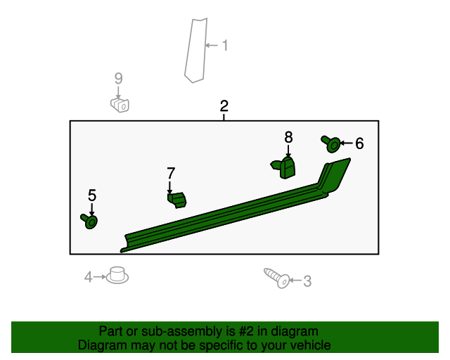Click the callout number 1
[x=225, y=46]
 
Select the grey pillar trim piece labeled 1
[x=195, y=50]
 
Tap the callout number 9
[x=119, y=78]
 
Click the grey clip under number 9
[x=120, y=105]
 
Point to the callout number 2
[x=224, y=106]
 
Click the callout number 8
[x=288, y=137]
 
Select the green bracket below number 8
[x=283, y=167]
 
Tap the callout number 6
[x=359, y=143]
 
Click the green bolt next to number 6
[x=331, y=144]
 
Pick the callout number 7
[x=171, y=173]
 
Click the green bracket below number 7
[x=177, y=200]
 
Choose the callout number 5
[x=92, y=195]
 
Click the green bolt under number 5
[x=89, y=221]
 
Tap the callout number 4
[x=88, y=277]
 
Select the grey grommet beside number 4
[x=117, y=275]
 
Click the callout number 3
[x=307, y=281]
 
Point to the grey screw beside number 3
[x=277, y=278]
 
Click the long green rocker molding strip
[x=236, y=205]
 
